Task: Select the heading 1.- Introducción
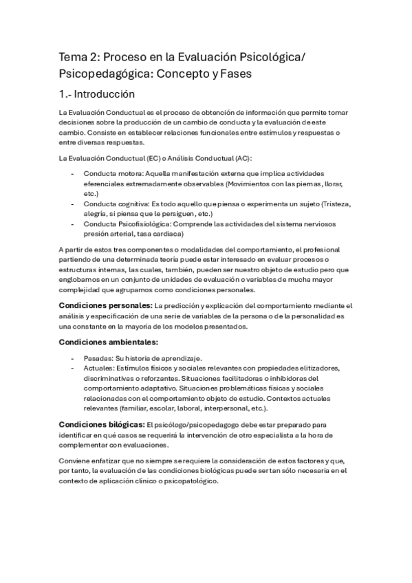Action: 96,94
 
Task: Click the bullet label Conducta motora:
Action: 113,173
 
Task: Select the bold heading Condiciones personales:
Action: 106,305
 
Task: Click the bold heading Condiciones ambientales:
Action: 109,342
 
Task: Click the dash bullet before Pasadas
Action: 74,358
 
